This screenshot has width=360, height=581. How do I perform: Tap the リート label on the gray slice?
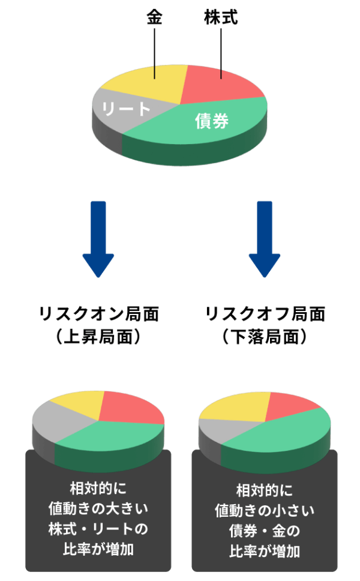coord(126,109)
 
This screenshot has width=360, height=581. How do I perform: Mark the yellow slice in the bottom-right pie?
coord(237,405)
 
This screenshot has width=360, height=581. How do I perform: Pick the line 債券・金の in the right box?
coord(264,531)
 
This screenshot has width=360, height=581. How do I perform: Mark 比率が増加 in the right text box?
coord(264,551)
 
